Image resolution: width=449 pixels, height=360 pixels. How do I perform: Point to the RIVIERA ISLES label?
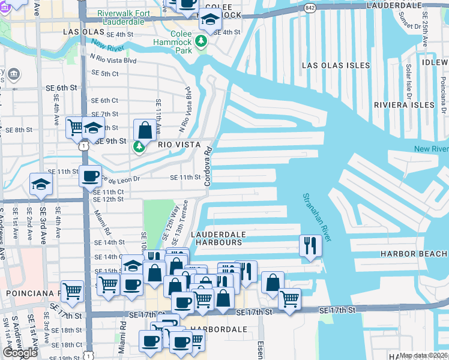403,104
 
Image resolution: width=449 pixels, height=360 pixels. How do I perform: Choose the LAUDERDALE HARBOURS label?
216,238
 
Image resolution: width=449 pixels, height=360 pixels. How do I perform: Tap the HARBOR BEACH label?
414,254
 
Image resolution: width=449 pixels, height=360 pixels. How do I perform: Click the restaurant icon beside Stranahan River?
310,245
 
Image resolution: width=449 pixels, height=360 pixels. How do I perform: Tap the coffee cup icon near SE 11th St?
91,176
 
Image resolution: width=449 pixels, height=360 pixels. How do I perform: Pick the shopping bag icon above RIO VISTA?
145,128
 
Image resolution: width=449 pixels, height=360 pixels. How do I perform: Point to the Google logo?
20,353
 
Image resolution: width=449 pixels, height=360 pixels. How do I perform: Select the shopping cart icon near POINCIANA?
73,291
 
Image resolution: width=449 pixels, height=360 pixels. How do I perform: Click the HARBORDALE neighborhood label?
210,330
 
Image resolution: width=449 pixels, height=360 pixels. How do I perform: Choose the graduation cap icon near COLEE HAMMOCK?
211,21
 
